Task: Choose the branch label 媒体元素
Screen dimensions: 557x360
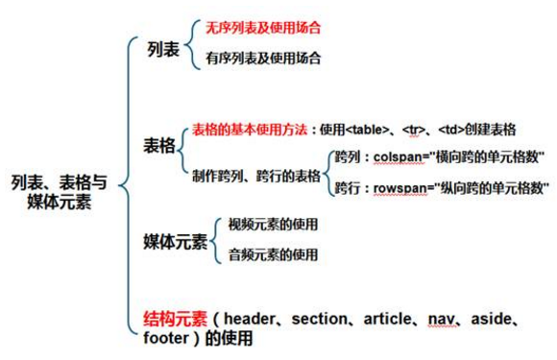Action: pyautogui.click(x=175, y=240)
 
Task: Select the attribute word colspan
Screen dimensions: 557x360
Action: pyautogui.click(x=398, y=156)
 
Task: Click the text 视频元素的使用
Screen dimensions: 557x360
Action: pyautogui.click(x=273, y=225)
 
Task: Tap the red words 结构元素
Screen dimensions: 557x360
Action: pyautogui.click(x=175, y=318)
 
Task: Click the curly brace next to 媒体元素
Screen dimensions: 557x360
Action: pyautogui.click(x=216, y=239)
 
